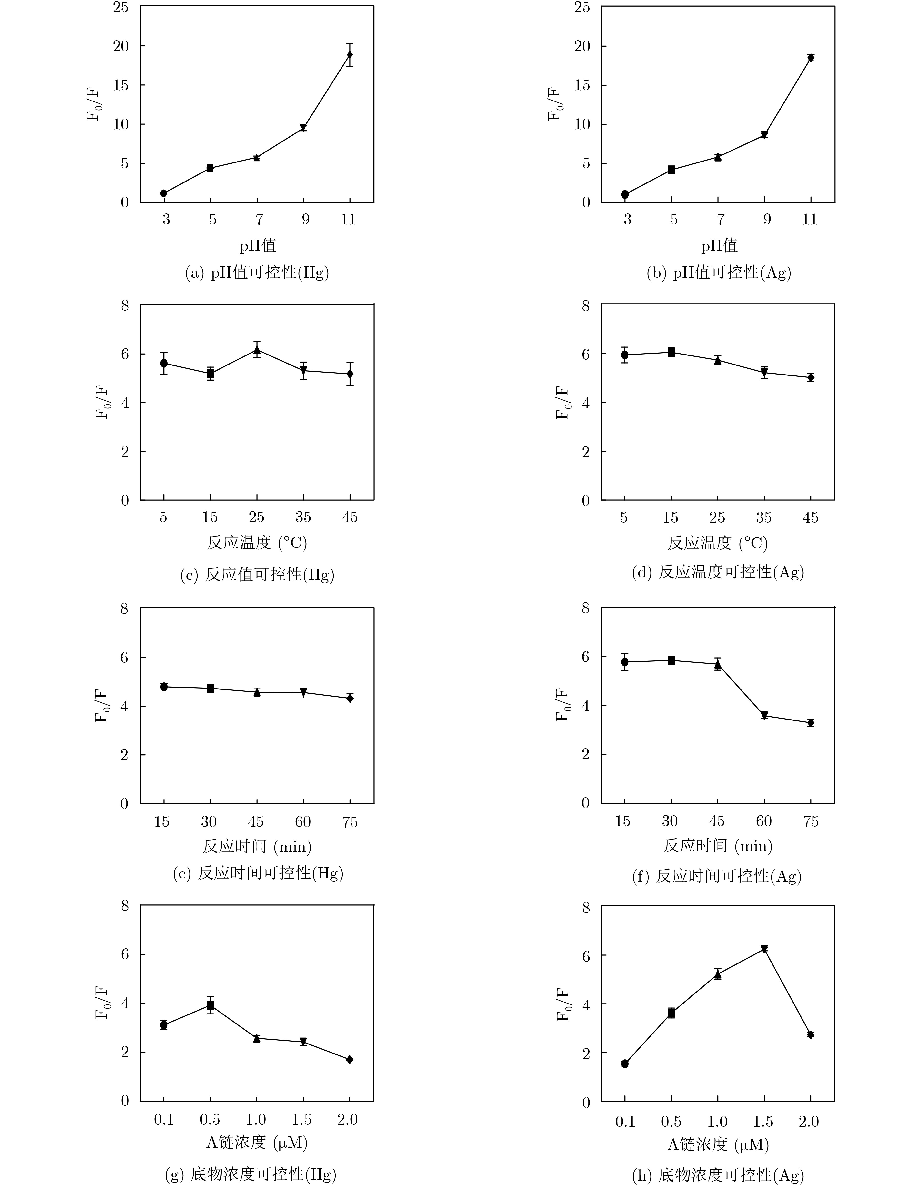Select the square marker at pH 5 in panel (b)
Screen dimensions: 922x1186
pos(671,170)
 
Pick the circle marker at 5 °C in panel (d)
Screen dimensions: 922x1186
pos(625,355)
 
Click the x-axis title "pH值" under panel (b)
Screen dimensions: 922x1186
pos(719,245)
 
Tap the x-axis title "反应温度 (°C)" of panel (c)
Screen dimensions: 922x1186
pos(257,543)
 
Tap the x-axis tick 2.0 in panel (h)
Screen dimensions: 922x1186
pos(809,1121)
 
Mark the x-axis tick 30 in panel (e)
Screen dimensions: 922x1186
pos(209,822)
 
